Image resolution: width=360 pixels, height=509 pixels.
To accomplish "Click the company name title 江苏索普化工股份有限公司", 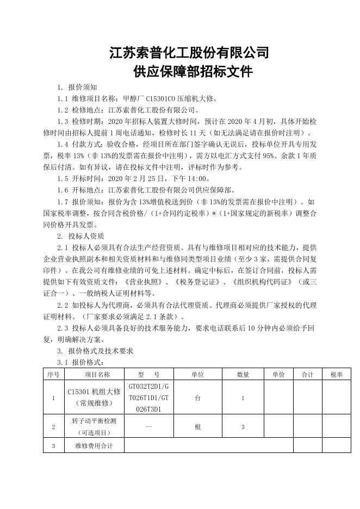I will click(189, 53).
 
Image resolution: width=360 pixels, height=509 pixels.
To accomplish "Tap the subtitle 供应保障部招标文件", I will click(193, 71).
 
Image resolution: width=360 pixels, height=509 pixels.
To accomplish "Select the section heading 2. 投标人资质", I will click(80, 237).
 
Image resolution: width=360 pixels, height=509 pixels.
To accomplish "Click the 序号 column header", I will click(53, 374).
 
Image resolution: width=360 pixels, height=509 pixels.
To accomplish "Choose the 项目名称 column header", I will click(97, 374).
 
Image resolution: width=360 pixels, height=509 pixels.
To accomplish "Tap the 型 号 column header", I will click(148, 374).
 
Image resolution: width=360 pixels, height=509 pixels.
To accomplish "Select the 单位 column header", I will click(197, 374).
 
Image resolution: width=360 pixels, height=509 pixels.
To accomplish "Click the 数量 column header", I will click(243, 374).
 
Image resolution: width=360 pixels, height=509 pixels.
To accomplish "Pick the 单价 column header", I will click(278, 374).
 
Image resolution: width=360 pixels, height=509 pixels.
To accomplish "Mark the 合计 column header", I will click(308, 374).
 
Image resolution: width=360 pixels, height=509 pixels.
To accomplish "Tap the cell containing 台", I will click(197, 398).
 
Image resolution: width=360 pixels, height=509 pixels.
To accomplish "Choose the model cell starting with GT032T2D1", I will click(148, 398).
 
